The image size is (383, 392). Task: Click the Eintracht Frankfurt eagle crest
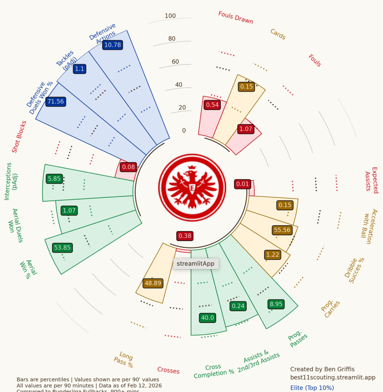[x=192, y=188]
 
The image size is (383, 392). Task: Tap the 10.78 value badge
[x=113, y=45]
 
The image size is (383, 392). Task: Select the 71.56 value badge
[x=56, y=102]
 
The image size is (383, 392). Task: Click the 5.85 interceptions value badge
[x=54, y=179]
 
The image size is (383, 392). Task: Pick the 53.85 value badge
[x=62, y=247]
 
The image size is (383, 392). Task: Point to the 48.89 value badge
[x=153, y=283]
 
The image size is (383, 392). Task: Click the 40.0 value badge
[x=207, y=318]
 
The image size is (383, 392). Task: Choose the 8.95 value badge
[x=276, y=304]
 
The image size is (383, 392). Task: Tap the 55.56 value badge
[x=282, y=230]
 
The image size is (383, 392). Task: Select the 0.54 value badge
[x=212, y=105]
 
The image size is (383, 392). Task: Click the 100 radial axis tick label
[x=170, y=16]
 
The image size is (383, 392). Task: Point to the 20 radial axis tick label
[x=182, y=108]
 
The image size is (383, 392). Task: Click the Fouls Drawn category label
[x=236, y=17]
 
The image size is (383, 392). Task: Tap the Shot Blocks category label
[x=19, y=137]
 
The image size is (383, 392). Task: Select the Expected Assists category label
[x=372, y=180]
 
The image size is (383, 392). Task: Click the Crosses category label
[x=168, y=370]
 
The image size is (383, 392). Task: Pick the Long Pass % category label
[x=124, y=359]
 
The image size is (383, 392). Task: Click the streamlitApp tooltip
[x=196, y=264]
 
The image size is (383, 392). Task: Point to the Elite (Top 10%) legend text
[x=312, y=388]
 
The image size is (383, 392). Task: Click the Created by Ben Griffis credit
[x=322, y=369]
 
